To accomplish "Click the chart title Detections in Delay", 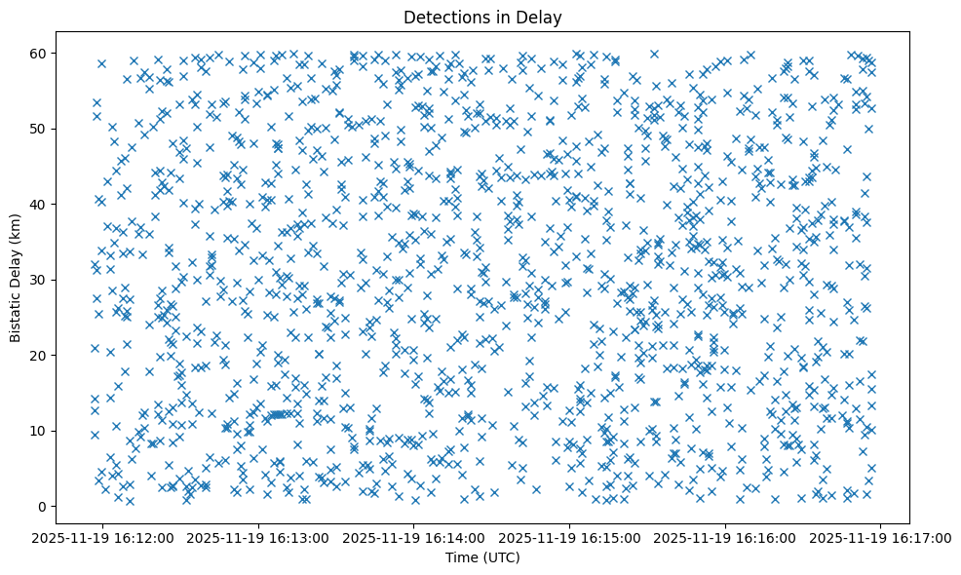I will coord(482,17).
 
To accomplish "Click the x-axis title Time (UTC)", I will coord(482,557).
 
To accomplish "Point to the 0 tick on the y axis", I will coord(70,506).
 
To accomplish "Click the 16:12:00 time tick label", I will coord(102,537).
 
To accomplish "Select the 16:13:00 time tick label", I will coord(258,537).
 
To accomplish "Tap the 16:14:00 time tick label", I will coord(414,537).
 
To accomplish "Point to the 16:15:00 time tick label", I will coord(570,537).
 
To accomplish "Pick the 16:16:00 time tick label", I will coord(726,537).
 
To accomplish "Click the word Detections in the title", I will coord(444,17).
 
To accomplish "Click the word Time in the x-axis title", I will coord(461,557).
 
